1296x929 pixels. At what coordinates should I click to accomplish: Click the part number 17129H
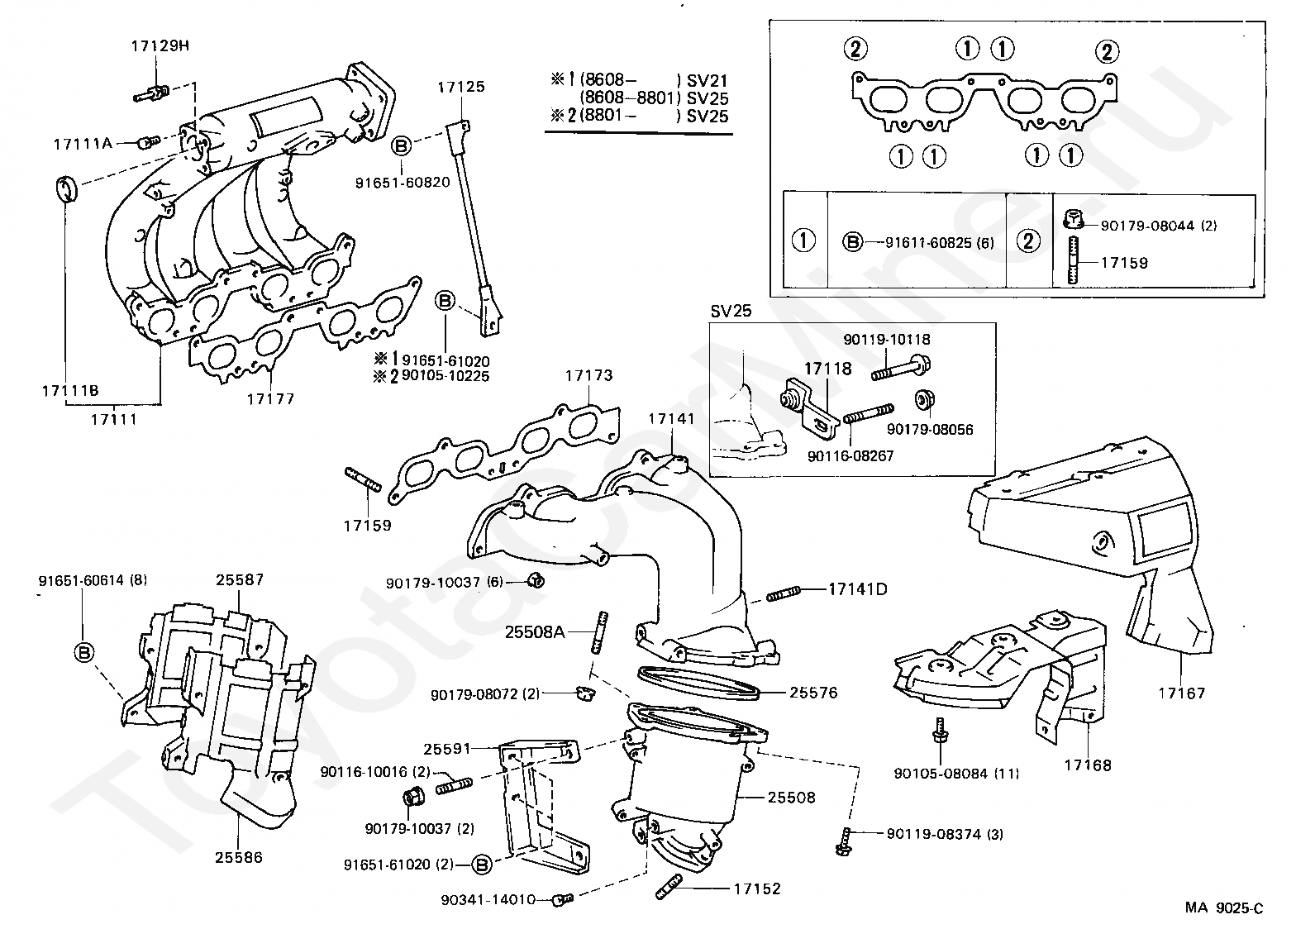pyautogui.click(x=160, y=45)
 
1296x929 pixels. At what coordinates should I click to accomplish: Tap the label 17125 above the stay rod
pyautogui.click(x=461, y=87)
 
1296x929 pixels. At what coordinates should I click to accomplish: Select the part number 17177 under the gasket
pyautogui.click(x=271, y=398)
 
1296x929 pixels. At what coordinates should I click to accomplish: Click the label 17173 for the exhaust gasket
pyautogui.click(x=588, y=375)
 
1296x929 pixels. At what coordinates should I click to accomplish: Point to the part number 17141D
pyautogui.click(x=857, y=589)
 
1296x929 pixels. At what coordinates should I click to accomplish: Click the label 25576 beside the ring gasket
pyautogui.click(x=813, y=693)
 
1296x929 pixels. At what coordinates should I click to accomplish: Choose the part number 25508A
pyautogui.click(x=535, y=632)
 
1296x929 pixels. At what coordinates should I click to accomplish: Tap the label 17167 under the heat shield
pyautogui.click(x=1181, y=693)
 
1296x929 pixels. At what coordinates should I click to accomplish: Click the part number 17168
pyautogui.click(x=1088, y=765)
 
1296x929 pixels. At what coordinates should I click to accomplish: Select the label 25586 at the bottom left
pyautogui.click(x=239, y=857)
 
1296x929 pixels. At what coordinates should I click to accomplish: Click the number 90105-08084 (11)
pyautogui.click(x=956, y=774)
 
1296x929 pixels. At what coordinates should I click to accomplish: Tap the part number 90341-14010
pyautogui.click(x=488, y=900)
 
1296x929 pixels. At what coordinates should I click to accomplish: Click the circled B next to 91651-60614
pyautogui.click(x=84, y=653)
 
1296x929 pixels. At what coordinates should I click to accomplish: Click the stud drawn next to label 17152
pyautogui.click(x=669, y=887)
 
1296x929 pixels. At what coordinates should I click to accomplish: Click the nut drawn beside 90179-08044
pyautogui.click(x=1073, y=219)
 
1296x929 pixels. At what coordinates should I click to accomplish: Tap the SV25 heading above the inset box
pyautogui.click(x=731, y=312)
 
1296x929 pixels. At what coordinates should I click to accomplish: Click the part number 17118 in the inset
pyautogui.click(x=828, y=369)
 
